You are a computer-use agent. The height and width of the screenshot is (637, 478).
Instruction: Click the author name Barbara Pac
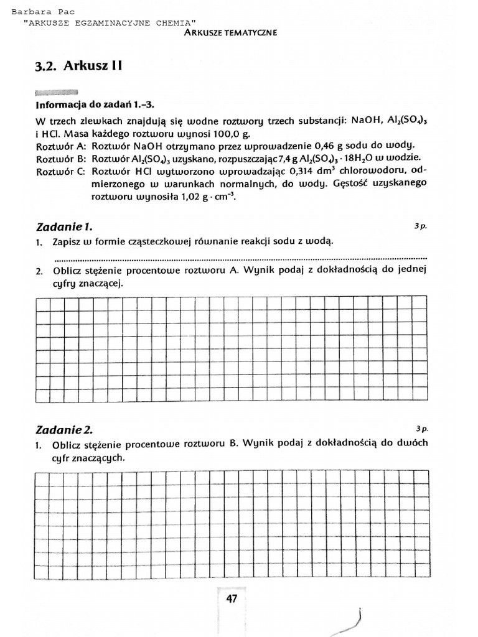tap(40, 12)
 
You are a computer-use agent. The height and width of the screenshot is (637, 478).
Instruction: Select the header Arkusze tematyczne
tap(230, 32)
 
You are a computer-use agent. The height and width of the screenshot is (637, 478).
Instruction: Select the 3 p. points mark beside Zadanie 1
tap(421, 226)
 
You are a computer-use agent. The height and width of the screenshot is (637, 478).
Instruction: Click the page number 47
tap(232, 599)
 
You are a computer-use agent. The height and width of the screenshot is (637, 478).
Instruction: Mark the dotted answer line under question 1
tap(241, 257)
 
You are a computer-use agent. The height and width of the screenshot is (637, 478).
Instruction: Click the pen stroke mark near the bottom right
tap(357, 618)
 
